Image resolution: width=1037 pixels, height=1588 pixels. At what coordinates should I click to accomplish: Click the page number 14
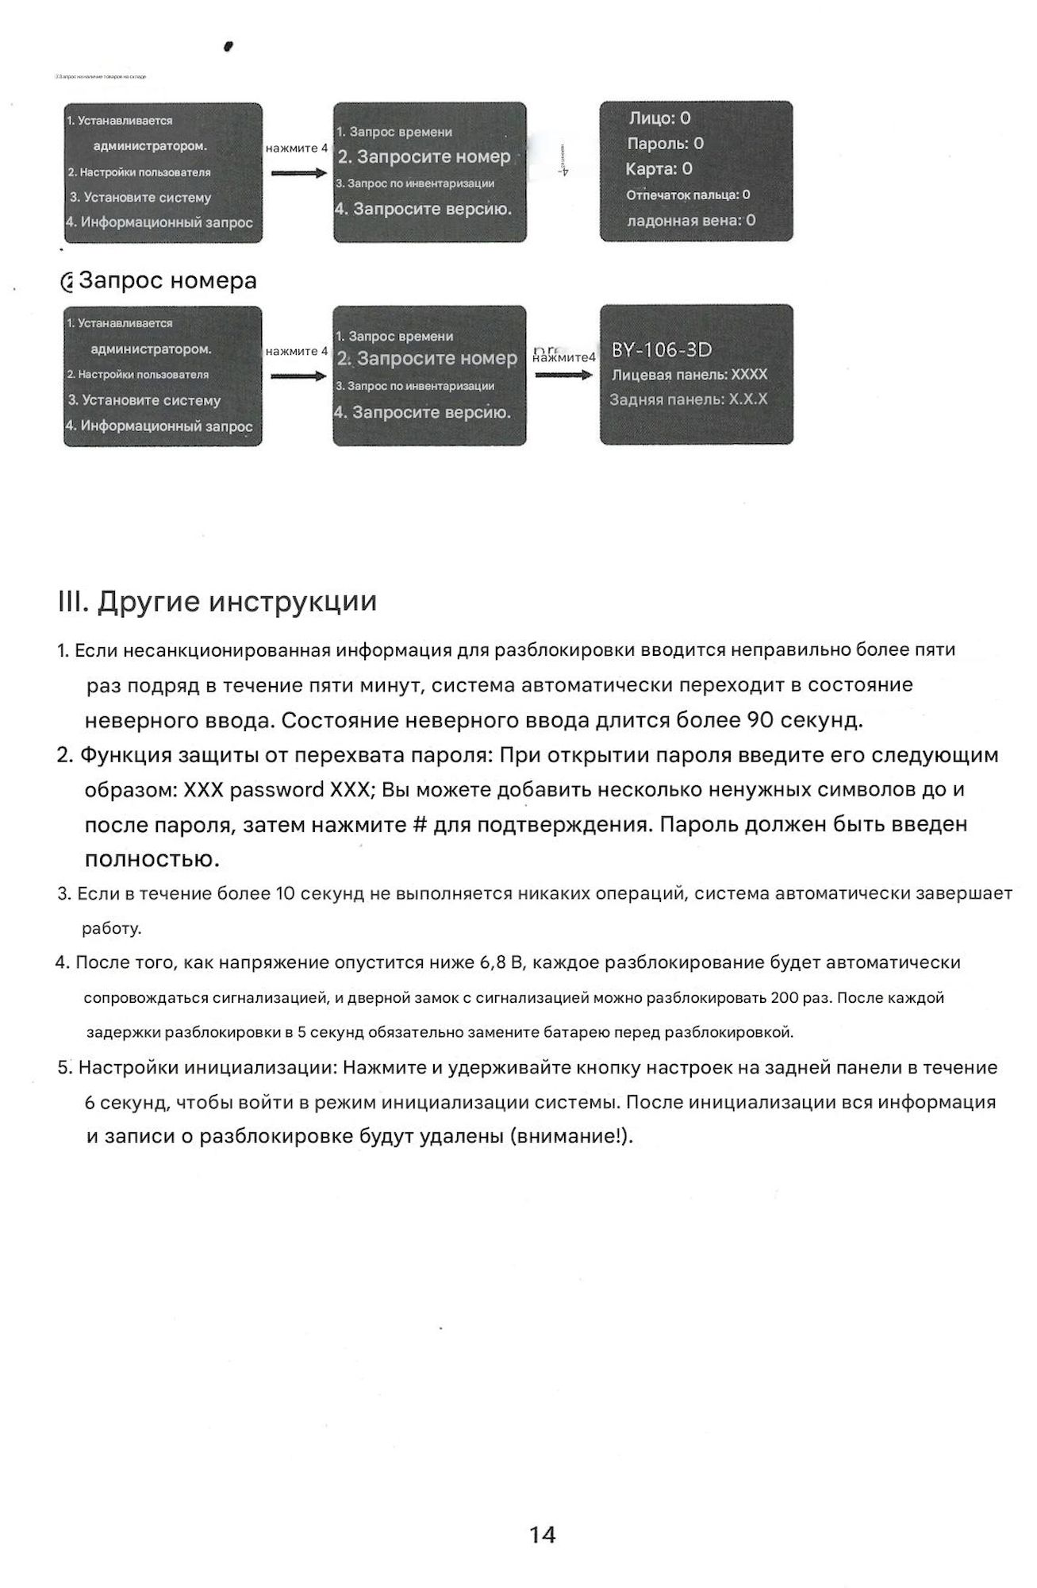click(542, 1535)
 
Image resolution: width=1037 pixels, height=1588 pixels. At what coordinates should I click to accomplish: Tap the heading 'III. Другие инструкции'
click(217, 602)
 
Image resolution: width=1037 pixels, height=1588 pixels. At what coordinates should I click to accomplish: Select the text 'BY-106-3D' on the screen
click(662, 350)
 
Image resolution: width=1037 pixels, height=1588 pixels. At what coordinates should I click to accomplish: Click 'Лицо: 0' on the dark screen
click(659, 118)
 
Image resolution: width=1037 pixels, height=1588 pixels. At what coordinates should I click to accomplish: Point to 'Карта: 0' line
click(659, 168)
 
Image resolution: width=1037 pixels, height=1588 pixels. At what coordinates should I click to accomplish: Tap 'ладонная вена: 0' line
click(691, 220)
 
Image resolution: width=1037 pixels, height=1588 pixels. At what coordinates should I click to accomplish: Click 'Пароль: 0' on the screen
click(665, 144)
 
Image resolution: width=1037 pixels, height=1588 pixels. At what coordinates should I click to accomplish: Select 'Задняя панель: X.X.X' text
click(688, 399)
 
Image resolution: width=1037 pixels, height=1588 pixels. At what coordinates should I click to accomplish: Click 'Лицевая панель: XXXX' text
click(689, 374)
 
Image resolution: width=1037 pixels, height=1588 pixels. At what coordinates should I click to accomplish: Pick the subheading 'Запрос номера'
click(167, 281)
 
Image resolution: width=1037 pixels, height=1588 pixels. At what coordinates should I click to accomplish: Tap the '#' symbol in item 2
click(421, 825)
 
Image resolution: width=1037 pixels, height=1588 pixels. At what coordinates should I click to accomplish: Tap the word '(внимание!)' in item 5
click(573, 1136)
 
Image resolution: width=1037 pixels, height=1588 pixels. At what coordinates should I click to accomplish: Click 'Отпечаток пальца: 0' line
click(688, 195)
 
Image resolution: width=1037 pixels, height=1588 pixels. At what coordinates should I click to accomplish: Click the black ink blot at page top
click(229, 46)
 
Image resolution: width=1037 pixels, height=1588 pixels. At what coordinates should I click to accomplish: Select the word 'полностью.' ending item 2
click(152, 860)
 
